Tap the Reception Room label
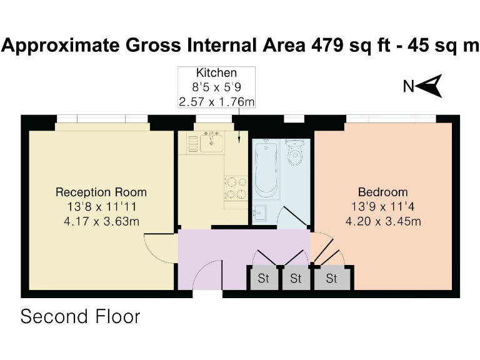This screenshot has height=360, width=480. [101, 192]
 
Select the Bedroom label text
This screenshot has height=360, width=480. [382, 192]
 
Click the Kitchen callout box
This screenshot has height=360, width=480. [216, 87]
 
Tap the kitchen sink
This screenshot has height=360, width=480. [211, 142]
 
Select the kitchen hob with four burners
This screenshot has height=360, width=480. [236, 187]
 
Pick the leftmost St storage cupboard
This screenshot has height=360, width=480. [263, 279]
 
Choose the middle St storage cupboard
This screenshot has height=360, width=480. [296, 279]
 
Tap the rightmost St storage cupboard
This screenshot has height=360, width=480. [331, 279]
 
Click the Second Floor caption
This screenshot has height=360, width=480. [81, 316]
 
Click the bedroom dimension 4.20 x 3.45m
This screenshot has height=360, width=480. [382, 221]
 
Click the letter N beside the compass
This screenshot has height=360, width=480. [409, 87]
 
